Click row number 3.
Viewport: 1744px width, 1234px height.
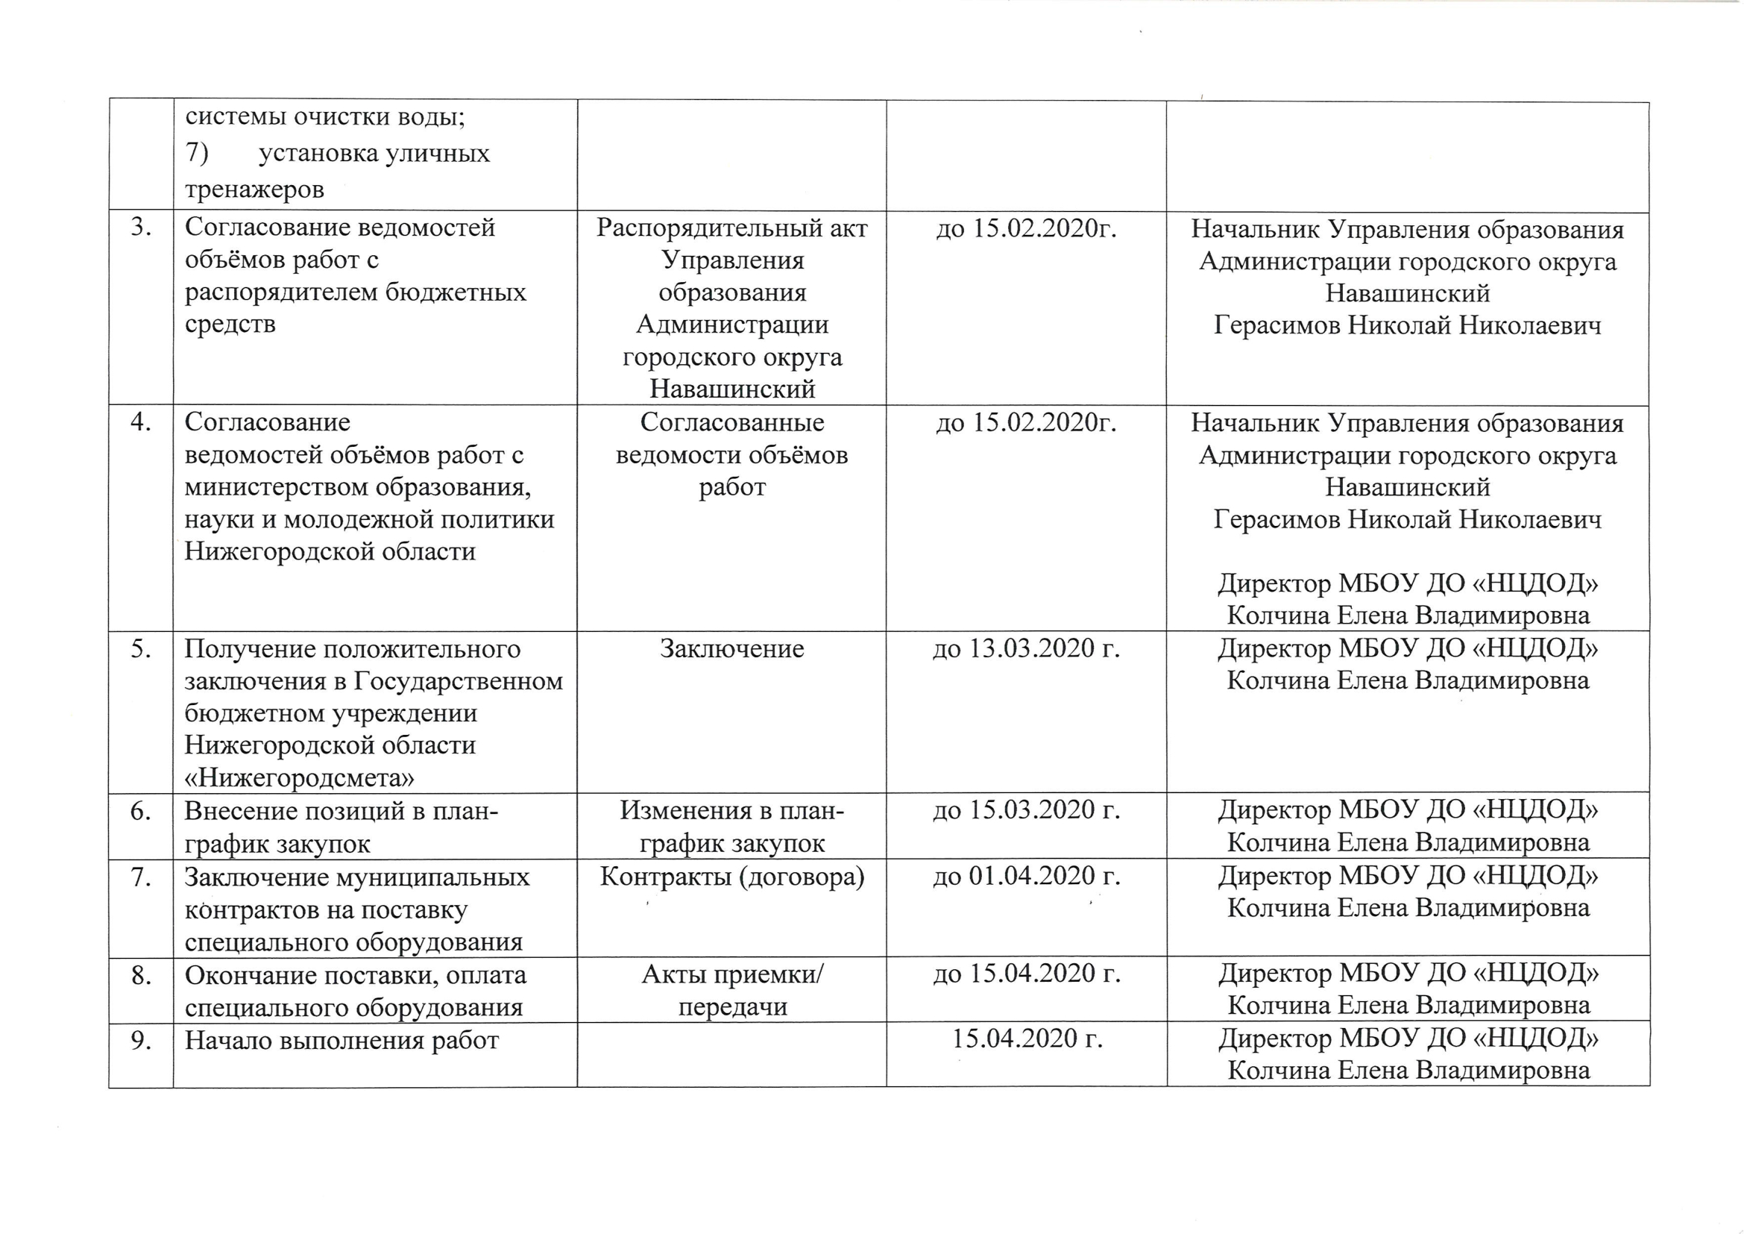(140, 228)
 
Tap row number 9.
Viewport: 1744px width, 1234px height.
(141, 1039)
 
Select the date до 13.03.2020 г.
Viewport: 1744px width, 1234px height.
(1026, 649)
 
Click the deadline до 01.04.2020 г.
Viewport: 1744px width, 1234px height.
(1026, 877)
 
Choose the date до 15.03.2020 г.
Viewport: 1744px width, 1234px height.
(1026, 811)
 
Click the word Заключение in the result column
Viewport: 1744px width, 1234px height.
(731, 649)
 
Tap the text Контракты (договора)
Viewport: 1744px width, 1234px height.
(731, 877)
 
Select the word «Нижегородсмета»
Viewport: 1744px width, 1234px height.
(299, 778)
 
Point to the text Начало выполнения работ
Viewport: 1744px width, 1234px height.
(341, 1039)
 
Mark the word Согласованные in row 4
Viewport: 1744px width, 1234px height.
(731, 422)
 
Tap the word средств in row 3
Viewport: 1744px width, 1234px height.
(230, 325)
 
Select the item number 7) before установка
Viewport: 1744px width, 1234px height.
(197, 154)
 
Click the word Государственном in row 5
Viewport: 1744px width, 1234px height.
(459, 682)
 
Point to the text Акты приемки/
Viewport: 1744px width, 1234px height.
(731, 974)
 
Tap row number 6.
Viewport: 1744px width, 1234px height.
(141, 812)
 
